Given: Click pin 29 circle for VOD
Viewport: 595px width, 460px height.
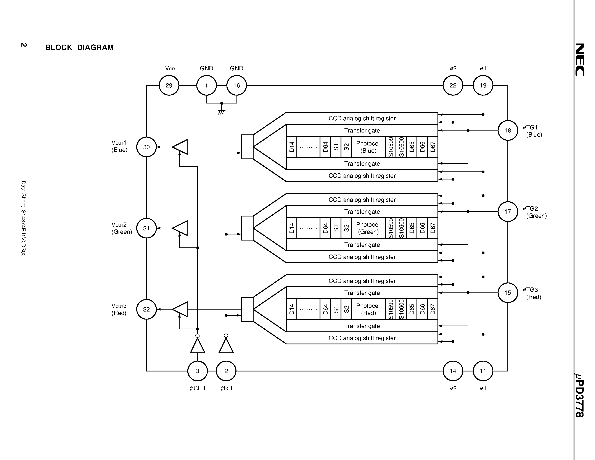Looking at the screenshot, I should (169, 85).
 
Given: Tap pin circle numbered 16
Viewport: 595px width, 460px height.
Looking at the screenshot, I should (236, 85).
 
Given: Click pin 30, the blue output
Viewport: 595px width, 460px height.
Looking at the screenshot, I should (146, 147).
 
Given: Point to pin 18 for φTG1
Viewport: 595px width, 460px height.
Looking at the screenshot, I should (508, 130).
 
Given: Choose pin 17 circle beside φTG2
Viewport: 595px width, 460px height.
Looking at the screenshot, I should (508, 211).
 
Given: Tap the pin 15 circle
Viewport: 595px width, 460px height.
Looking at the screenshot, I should (508, 293).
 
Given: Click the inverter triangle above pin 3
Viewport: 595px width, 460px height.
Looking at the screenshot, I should (198, 346).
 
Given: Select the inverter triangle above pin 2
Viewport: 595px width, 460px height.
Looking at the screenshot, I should (226, 346).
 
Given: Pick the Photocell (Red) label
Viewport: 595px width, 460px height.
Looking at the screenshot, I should (368, 309).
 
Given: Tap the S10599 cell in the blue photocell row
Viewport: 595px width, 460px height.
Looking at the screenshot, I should (391, 147).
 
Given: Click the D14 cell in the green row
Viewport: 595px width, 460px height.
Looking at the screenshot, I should (291, 228).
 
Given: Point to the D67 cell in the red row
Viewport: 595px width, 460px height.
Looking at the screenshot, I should (433, 309).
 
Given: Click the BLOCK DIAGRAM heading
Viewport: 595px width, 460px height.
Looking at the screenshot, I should (79, 47).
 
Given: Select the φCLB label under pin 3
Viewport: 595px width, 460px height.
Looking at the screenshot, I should (197, 388).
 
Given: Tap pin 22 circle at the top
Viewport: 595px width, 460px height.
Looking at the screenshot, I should (453, 85).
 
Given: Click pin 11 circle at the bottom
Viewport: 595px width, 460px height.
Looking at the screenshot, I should (483, 371).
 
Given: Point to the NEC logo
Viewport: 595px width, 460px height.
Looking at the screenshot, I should (580, 60).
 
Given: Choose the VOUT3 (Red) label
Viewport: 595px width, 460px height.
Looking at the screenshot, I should (119, 309).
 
